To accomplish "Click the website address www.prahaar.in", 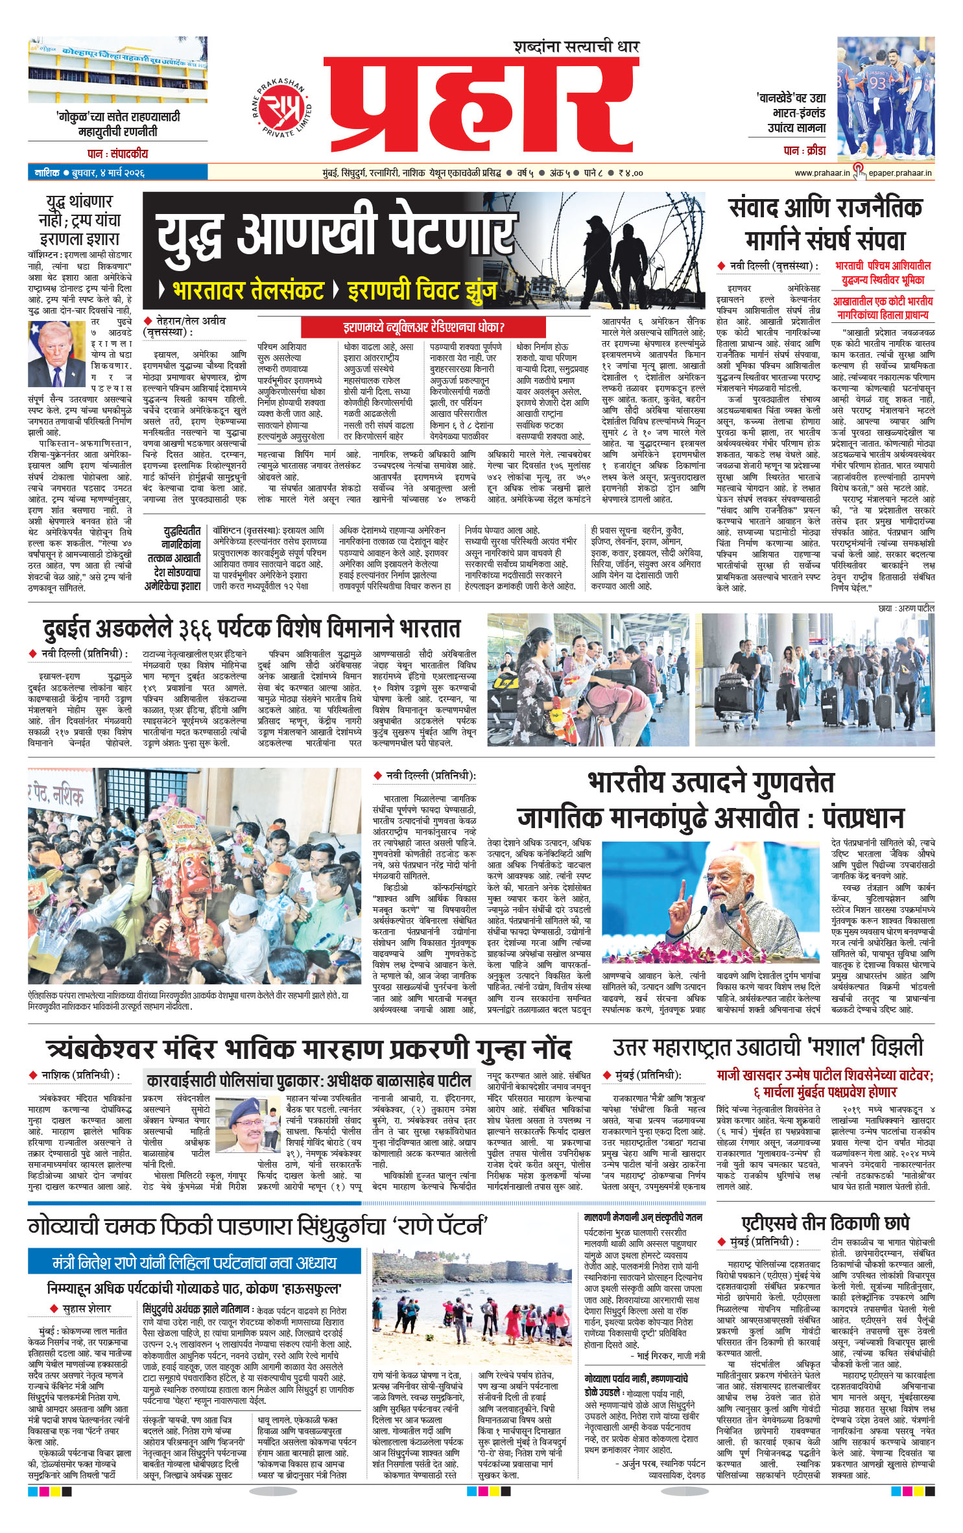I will pos(822,173).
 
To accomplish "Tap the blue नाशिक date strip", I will pos(117,172).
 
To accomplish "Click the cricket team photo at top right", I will pos(885,99).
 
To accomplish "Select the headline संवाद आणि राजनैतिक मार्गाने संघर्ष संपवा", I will pos(825,224).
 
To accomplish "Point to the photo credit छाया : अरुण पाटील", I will pos(906,608).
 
